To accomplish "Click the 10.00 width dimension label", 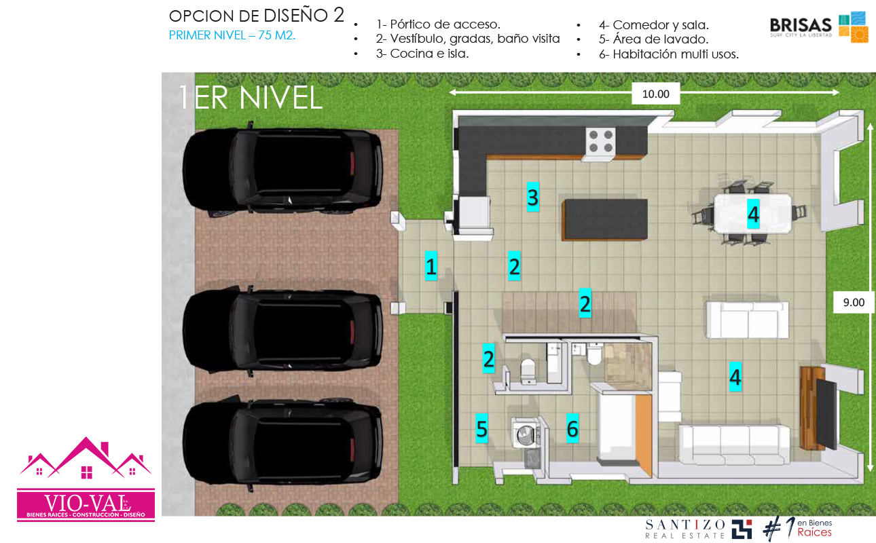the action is coord(656,94).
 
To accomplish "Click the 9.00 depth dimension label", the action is coord(854,302).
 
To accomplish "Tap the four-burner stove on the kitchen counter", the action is coord(600,141).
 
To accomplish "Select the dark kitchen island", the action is coord(604,219).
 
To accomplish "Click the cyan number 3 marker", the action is coord(532,197).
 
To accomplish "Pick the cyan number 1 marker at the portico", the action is coord(431,266).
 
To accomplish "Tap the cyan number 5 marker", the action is coord(482,428).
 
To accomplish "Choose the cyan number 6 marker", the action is coord(572,428).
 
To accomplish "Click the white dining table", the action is coord(752,214).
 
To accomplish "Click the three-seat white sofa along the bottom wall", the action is coord(734,445).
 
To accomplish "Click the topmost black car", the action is coord(282,170).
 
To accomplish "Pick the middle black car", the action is coord(282,331).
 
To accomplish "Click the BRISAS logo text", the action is coord(801,25).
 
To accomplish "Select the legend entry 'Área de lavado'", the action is coord(654,39).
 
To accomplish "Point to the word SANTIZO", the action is coord(685,524).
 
